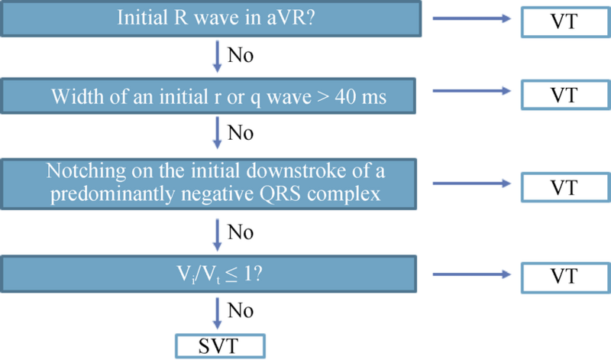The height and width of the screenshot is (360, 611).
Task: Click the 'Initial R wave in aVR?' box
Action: [211, 18]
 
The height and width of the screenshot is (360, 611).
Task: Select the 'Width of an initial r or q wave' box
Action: [208, 96]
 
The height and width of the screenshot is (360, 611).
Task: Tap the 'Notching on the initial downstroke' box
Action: [209, 184]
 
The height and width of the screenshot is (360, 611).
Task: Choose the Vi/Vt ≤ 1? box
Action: [209, 274]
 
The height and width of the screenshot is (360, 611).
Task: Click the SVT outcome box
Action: [220, 346]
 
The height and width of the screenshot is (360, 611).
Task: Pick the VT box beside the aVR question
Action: [566, 21]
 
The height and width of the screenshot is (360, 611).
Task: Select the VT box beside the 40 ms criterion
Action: [566, 95]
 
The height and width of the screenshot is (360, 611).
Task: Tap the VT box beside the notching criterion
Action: [566, 187]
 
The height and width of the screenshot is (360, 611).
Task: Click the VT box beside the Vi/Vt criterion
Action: [566, 277]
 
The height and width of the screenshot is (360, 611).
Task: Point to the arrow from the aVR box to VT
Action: [471, 18]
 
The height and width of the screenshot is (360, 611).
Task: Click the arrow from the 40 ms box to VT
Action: [471, 91]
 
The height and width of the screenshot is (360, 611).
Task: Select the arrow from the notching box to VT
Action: [471, 183]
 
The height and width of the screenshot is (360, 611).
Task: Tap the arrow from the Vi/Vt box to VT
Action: [471, 274]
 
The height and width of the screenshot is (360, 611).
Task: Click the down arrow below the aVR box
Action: [217, 57]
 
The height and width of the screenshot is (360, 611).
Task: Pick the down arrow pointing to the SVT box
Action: [217, 313]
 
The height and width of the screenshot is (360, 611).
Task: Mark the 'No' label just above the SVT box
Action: [241, 311]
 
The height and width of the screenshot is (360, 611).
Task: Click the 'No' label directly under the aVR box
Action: [241, 55]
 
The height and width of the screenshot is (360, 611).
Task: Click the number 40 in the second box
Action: [344, 96]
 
